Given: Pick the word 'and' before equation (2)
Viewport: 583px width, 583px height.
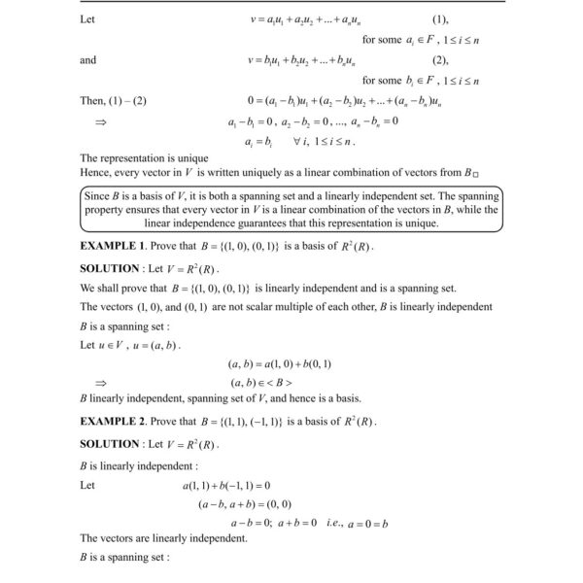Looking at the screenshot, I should coord(88,60).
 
